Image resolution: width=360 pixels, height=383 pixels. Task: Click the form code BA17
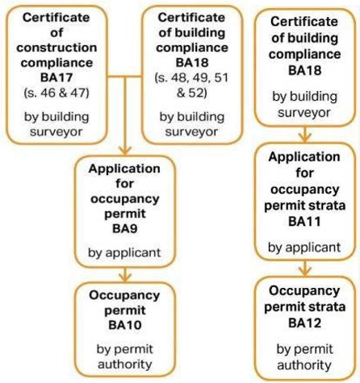click(57, 77)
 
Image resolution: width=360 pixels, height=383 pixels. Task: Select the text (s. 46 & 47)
click(57, 93)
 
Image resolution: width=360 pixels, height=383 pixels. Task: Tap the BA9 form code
click(125, 229)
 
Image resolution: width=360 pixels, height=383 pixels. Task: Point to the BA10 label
click(125, 325)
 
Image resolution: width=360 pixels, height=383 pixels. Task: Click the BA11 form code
click(304, 222)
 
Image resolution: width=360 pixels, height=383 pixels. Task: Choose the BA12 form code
click(304, 323)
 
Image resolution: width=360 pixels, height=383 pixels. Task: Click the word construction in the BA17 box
click(57, 48)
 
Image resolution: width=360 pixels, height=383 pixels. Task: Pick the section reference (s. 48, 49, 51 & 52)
click(191, 85)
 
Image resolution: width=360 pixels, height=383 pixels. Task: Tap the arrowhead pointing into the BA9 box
click(125, 151)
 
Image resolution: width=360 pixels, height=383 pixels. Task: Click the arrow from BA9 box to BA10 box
click(125, 275)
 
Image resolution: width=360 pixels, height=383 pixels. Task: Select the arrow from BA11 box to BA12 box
click(304, 269)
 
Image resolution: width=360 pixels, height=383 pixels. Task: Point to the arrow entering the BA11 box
click(304, 134)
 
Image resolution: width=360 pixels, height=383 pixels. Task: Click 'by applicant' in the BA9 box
click(124, 253)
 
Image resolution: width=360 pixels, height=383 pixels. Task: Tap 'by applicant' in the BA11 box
click(304, 248)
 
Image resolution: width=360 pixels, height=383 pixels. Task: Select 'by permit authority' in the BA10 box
click(125, 356)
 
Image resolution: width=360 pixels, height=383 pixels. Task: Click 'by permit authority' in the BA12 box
click(304, 357)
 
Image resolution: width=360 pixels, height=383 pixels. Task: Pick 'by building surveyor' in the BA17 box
click(57, 124)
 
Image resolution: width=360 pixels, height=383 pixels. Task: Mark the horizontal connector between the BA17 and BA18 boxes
click(124, 77)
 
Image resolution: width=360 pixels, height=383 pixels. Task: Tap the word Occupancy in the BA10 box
click(124, 295)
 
